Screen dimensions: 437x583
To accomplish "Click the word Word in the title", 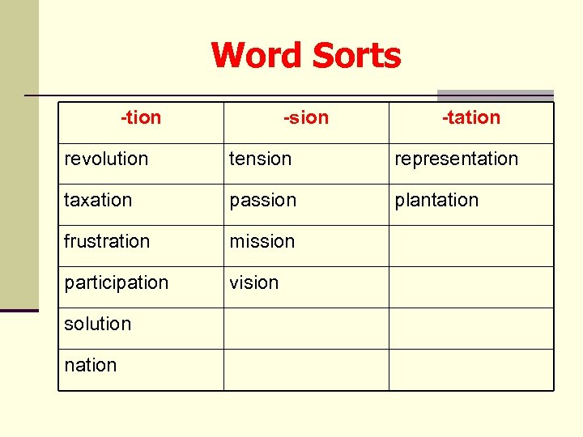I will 257,56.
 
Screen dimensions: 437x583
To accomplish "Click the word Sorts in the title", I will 356,56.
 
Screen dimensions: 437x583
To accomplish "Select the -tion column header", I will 141,118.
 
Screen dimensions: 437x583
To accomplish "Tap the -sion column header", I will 306,118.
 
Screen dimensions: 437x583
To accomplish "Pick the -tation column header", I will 471,118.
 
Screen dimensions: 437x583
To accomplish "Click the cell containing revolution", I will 106,159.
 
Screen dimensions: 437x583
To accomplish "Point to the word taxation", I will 98,201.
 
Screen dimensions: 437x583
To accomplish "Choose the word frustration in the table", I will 107,242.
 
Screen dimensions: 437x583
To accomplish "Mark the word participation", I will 117,283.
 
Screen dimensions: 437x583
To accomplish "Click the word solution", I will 97,325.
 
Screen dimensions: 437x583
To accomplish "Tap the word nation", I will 91,366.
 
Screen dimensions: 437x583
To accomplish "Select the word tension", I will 260,159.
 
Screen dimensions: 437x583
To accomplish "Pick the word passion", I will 263,201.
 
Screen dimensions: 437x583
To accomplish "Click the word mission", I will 262,242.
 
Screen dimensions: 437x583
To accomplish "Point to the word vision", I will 254,283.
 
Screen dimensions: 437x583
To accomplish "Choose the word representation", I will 456,159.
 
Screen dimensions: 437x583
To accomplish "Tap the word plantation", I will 436,201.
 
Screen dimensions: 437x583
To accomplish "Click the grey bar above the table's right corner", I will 495,95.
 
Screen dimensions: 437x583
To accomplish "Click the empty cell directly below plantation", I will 471,246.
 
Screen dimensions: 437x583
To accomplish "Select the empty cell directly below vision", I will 306,329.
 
